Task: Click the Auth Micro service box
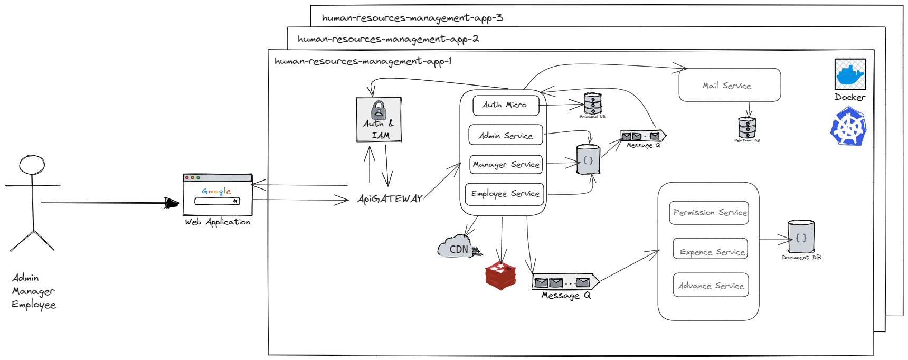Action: [505, 105]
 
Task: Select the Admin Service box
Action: [505, 135]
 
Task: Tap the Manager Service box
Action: [506, 165]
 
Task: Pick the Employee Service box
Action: [505, 194]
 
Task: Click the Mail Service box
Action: [729, 85]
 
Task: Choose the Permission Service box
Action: [709, 213]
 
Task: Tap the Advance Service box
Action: [711, 285]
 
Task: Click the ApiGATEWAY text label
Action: [390, 199]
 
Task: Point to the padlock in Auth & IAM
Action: [379, 110]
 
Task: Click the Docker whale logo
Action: [849, 74]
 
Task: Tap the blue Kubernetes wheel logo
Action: [849, 127]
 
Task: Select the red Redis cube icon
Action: [500, 275]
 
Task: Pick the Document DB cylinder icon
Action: [801, 237]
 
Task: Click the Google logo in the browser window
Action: [216, 191]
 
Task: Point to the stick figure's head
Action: [32, 165]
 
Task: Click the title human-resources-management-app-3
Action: [412, 18]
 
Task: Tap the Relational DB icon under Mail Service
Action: [747, 127]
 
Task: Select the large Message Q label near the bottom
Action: [565, 296]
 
